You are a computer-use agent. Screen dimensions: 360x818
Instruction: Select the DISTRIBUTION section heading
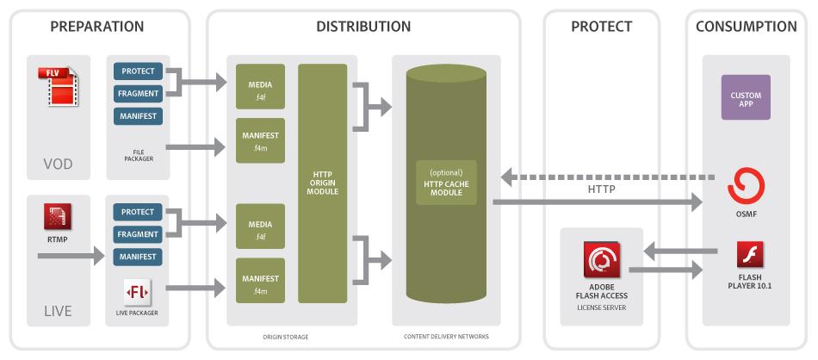[x=363, y=27]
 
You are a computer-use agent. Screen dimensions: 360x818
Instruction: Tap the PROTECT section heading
[x=601, y=27]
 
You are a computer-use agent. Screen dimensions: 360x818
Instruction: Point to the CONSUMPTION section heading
[x=746, y=27]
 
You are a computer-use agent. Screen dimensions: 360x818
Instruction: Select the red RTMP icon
[x=58, y=216]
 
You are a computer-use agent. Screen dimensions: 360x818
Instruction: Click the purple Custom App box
[x=746, y=96]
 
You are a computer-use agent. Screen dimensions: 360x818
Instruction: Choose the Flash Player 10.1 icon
[x=747, y=256]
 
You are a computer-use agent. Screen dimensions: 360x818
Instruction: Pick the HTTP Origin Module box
[x=323, y=183]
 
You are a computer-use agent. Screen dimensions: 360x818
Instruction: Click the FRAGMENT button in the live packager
[x=138, y=234]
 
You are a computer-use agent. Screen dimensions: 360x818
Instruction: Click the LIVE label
[x=58, y=309]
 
